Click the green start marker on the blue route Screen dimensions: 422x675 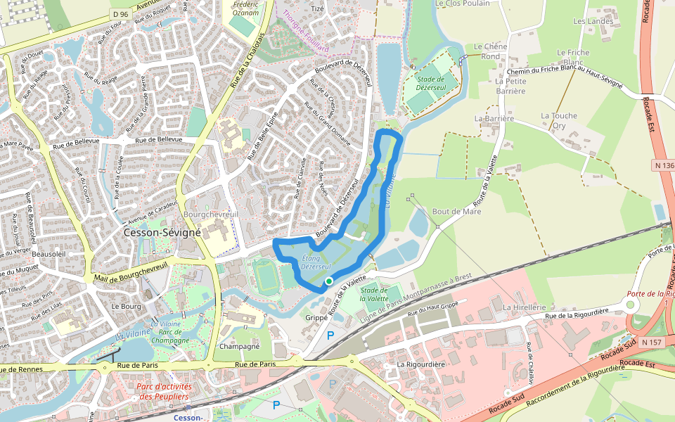tap(328, 281)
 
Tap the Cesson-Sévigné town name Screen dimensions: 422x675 tap(162, 232)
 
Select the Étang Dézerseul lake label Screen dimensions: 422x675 tap(316, 263)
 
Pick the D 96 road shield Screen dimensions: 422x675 tap(121, 14)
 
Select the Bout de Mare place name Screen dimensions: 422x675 tap(456, 211)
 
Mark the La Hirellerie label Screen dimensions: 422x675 tap(525, 307)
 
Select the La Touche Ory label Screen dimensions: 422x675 tap(558, 120)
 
